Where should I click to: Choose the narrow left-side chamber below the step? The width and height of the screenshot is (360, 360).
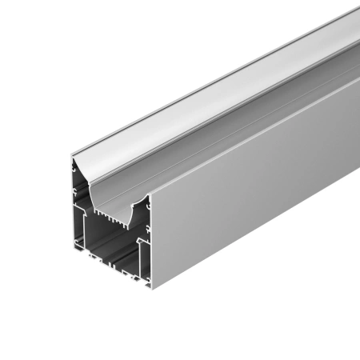(80, 232)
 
